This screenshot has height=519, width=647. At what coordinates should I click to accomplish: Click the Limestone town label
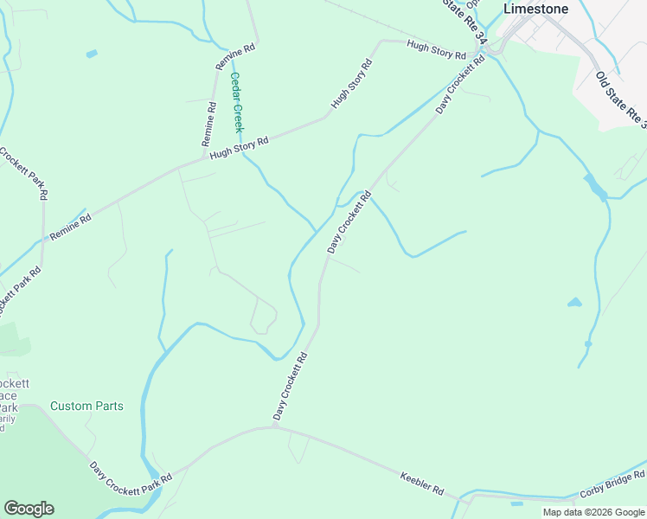pyautogui.click(x=536, y=9)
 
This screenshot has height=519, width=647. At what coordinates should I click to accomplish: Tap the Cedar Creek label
pyautogui.click(x=236, y=101)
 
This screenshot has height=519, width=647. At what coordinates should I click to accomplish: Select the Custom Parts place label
pyautogui.click(x=86, y=406)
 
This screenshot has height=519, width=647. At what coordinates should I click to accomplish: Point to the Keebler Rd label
pyautogui.click(x=421, y=483)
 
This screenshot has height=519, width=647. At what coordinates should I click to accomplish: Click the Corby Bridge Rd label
pyautogui.click(x=612, y=484)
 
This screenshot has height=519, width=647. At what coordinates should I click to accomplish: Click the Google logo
pyautogui.click(x=29, y=509)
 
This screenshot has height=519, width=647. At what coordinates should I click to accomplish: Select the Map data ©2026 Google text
pyautogui.click(x=593, y=512)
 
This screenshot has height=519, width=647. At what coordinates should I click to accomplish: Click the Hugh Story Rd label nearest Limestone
pyautogui.click(x=436, y=51)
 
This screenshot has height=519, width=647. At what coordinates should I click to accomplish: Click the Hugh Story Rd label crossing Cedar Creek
pyautogui.click(x=240, y=146)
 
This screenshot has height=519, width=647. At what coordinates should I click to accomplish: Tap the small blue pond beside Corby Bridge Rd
pyautogui.click(x=516, y=503)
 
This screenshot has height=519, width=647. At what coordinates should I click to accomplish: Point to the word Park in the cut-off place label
pyautogui.click(x=7, y=407)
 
